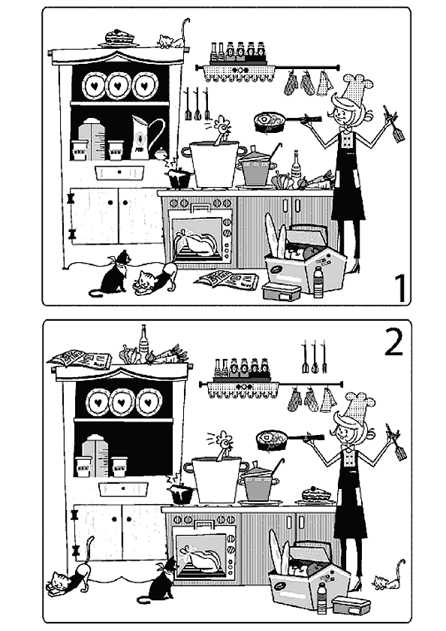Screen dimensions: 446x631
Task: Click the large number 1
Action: [399, 288]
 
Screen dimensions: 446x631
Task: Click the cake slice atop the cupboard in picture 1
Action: [119, 38]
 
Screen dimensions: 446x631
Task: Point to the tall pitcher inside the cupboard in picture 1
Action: [143, 137]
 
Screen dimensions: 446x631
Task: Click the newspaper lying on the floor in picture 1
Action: [227, 279]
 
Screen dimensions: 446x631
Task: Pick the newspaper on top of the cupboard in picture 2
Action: [80, 358]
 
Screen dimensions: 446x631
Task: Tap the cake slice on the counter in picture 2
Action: [315, 495]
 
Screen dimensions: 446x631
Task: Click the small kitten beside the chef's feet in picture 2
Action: [389, 576]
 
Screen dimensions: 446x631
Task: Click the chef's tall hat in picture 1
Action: [357, 89]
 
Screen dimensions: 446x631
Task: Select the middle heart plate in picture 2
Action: [122, 403]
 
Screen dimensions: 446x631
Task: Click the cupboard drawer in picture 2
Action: [123, 488]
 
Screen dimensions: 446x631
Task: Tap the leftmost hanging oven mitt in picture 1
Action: [291, 83]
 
